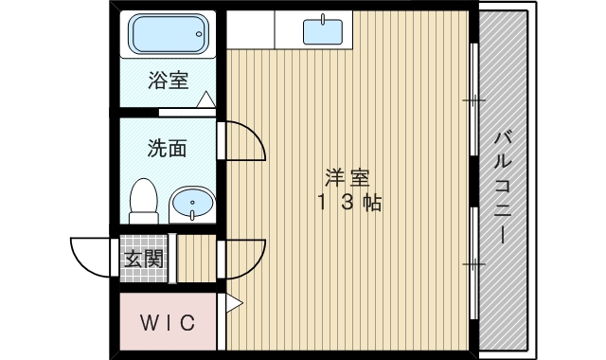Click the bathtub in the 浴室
click(169, 34)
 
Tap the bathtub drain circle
click(199, 34)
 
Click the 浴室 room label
click(169, 81)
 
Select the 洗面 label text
click(167, 148)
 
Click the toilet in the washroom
click(144, 201)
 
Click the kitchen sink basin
click(323, 31)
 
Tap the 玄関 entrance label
click(143, 259)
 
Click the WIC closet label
click(168, 322)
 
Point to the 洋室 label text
click(348, 179)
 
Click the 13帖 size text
click(349, 202)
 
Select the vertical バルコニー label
click(503, 189)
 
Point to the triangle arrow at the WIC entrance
click(234, 303)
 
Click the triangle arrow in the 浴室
click(206, 99)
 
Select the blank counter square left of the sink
click(250, 29)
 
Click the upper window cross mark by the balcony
click(473, 100)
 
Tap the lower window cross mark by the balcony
click(473, 264)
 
